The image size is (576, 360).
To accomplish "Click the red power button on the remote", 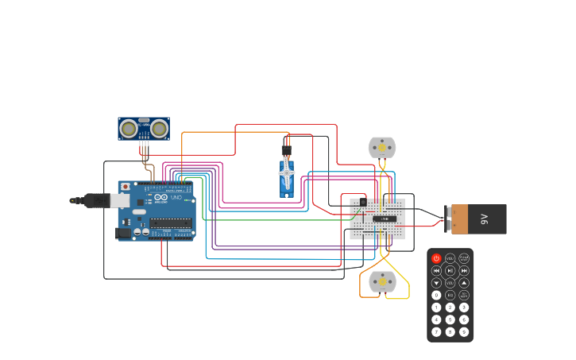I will pos(436,258).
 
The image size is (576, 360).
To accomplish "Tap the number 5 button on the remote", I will pos(450,319).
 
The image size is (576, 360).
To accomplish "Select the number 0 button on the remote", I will pos(436,295).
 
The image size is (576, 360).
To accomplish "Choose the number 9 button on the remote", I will pos(464,331).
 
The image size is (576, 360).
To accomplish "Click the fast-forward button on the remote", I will pos(464,270).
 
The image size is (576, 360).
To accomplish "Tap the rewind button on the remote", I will pos(436,270).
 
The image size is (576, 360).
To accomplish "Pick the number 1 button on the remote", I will pos(436,307).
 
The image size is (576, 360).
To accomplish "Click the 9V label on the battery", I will pos(484,219).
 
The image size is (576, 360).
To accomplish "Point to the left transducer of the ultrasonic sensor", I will pos(128,128).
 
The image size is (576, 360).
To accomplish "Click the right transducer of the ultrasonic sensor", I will pos(160,128).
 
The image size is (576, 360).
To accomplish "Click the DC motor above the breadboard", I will pos(381,148).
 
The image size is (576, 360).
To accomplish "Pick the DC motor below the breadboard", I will pos(382,281).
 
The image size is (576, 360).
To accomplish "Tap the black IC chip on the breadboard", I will pos(385,219).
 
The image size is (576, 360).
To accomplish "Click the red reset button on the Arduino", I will pos(125,187).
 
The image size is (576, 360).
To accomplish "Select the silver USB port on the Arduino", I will pos(119,200).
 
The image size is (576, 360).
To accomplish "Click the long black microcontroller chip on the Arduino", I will pos(170,223).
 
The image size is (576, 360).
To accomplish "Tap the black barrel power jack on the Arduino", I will pos(123,233).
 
